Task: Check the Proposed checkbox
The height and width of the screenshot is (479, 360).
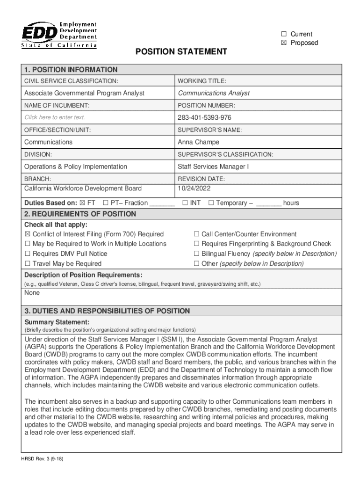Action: tap(284, 43)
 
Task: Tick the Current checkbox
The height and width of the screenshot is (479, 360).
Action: tap(284, 34)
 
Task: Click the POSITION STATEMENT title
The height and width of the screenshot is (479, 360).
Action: tap(181, 51)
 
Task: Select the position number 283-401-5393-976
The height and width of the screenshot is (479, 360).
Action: tap(204, 117)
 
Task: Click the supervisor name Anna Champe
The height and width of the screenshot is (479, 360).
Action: tap(198, 142)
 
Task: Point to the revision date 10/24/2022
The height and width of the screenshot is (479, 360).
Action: tap(194, 189)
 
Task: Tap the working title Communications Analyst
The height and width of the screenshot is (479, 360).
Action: tap(214, 93)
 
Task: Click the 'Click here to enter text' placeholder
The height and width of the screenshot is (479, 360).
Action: tap(55, 117)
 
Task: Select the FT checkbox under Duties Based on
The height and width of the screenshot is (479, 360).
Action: tap(83, 203)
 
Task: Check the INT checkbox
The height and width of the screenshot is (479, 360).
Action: tap(185, 203)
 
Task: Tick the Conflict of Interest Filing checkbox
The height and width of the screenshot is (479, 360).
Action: tap(28, 234)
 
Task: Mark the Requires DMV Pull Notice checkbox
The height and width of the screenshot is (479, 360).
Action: tap(28, 254)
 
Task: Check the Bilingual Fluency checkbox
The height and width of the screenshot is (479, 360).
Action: tap(197, 254)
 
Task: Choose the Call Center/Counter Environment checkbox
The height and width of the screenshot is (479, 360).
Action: tap(197, 234)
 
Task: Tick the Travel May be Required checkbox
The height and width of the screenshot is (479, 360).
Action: tap(28, 264)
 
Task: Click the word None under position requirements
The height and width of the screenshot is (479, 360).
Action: tap(32, 293)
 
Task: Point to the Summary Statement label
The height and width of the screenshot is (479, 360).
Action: tap(57, 322)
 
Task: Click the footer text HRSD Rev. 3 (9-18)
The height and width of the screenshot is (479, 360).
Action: tap(42, 459)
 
